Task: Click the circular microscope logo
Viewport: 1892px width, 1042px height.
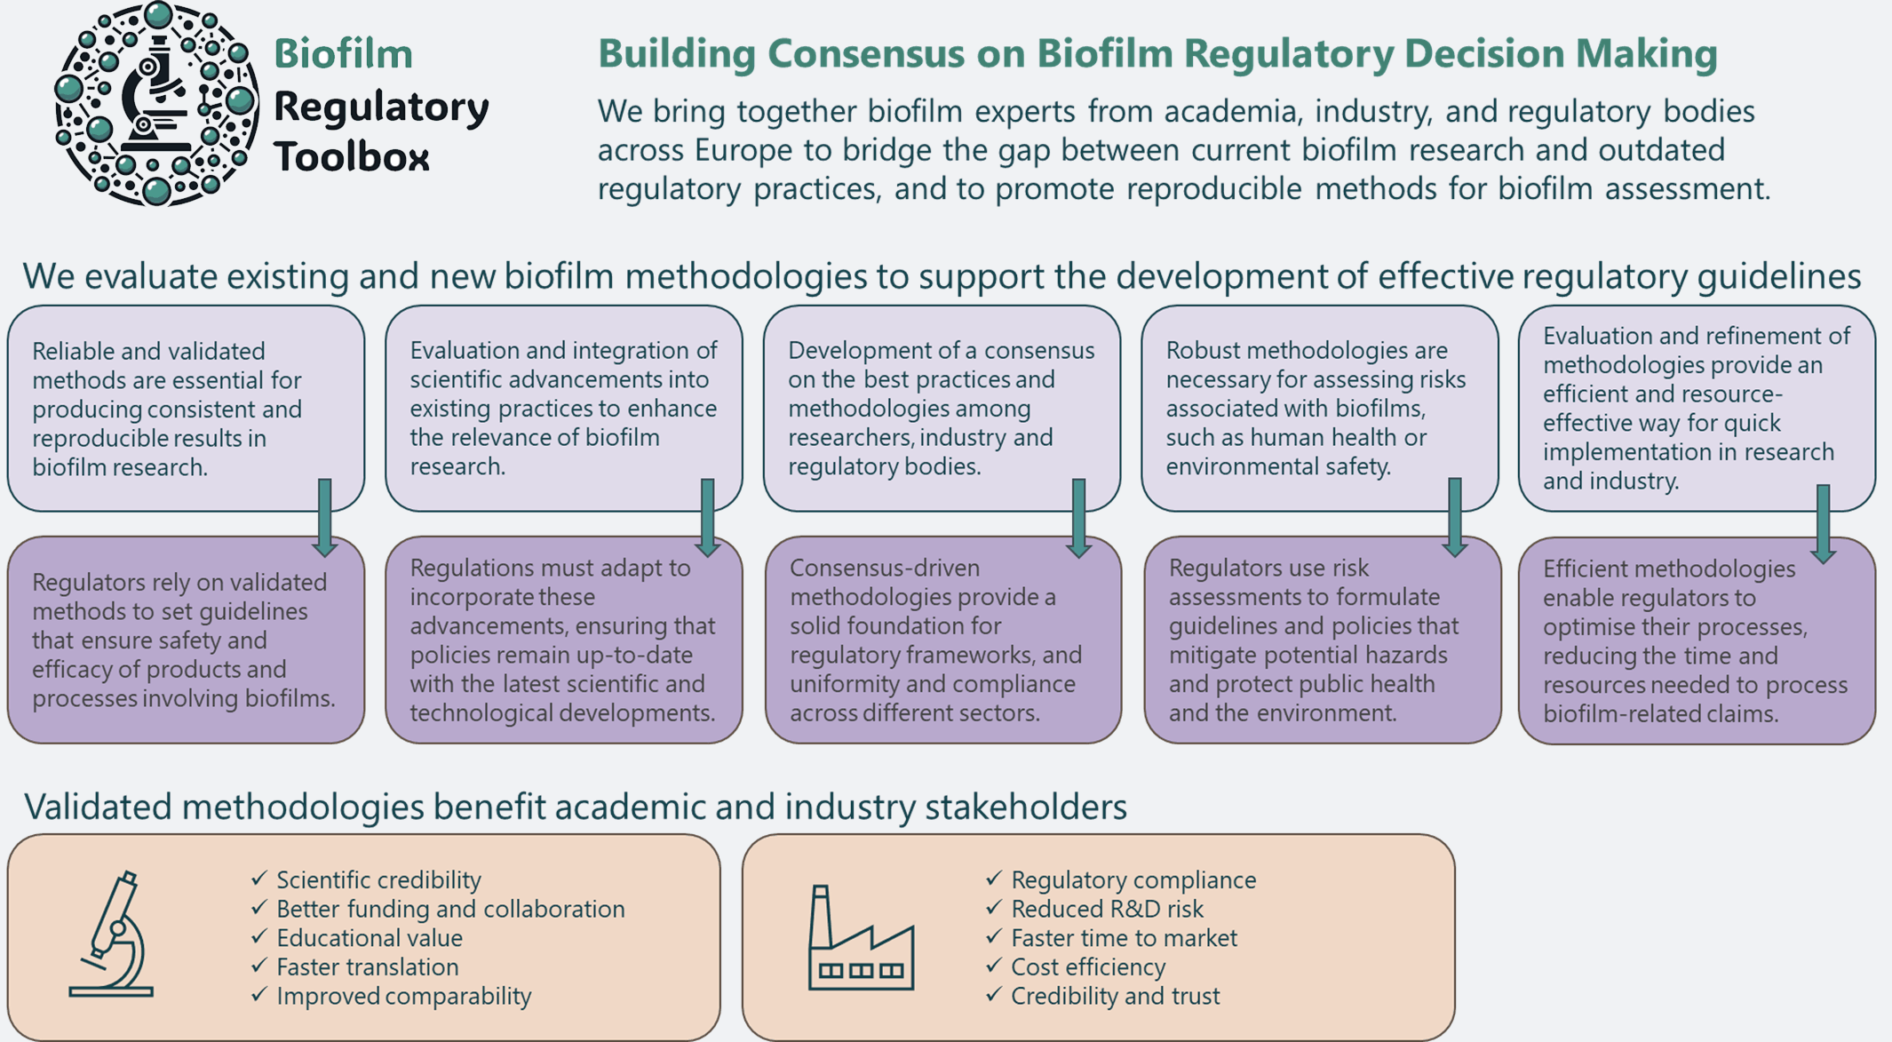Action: [x=156, y=104]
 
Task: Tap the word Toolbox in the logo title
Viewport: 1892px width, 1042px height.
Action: [x=352, y=157]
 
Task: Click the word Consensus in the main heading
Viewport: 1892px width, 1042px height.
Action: [x=866, y=53]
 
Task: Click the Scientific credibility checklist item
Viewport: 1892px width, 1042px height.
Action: [x=378, y=880]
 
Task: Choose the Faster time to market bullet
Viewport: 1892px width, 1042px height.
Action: [x=1124, y=938]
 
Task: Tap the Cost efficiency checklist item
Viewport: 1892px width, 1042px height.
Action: [x=1088, y=967]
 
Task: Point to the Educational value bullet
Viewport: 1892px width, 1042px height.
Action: [x=369, y=938]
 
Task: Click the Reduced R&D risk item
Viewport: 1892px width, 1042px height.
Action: [x=1107, y=910]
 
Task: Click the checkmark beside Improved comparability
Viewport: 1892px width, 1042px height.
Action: [x=258, y=995]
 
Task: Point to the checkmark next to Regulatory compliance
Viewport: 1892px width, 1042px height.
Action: [x=993, y=879]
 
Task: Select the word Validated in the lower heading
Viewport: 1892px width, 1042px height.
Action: [x=99, y=807]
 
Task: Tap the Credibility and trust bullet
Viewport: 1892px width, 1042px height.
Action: [x=1115, y=997]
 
